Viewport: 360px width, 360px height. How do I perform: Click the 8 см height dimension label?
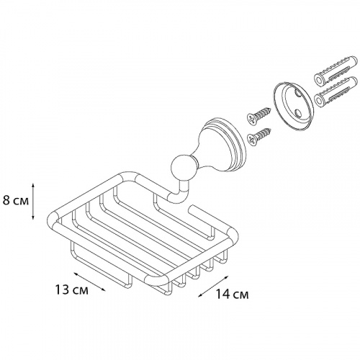click(16, 201)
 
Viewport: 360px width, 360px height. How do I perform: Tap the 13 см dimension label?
click(72, 290)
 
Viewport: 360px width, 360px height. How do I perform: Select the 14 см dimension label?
click(232, 294)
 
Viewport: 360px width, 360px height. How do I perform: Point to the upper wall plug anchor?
click(336, 71)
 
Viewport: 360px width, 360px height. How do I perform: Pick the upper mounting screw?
click(259, 115)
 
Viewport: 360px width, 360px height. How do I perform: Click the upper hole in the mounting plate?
click(297, 92)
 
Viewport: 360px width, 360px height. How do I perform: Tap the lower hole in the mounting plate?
click(297, 112)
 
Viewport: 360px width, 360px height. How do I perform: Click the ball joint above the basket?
click(182, 168)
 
